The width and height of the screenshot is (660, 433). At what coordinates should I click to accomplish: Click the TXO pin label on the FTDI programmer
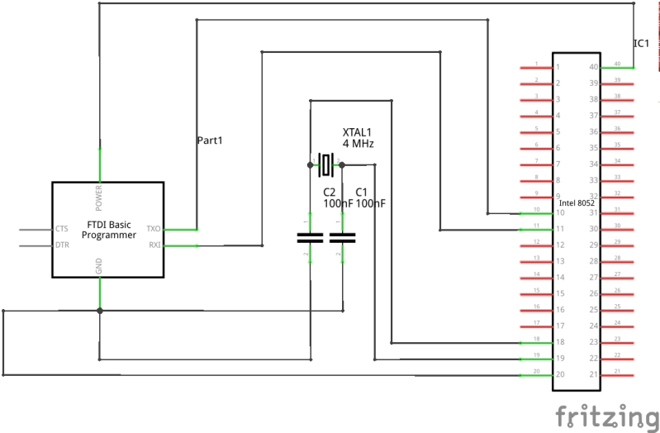153,229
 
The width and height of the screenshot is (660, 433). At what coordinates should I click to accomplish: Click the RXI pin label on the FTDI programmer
154,245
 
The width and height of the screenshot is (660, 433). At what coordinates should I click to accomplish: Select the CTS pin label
61,229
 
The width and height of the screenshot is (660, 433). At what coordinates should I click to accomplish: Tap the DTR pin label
61,245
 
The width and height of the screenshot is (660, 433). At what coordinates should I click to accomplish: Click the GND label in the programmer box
99,266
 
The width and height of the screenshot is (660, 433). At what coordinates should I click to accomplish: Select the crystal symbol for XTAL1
325,164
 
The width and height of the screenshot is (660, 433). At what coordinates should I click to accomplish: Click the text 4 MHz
358,144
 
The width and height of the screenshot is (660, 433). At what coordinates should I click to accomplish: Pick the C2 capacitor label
330,191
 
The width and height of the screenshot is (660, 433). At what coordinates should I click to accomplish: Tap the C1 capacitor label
361,191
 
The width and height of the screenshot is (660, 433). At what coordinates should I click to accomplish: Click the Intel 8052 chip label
577,202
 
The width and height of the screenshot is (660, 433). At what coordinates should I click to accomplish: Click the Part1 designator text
210,140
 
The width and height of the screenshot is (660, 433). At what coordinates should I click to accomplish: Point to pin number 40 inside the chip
592,67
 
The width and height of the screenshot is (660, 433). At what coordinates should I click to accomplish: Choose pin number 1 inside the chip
558,67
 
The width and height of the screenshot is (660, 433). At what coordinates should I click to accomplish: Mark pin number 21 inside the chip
592,374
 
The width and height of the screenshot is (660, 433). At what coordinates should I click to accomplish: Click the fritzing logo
605,415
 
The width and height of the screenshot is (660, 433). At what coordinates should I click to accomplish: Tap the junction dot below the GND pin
99,311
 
